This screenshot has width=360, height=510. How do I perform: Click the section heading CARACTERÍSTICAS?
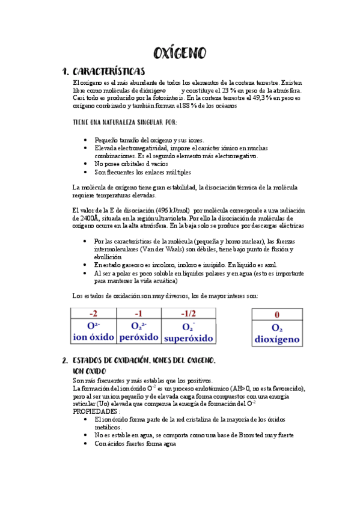[x=108, y=71]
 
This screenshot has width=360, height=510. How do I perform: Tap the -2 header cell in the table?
[x=94, y=313]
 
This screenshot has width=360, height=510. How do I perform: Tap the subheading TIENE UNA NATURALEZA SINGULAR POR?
[x=124, y=122]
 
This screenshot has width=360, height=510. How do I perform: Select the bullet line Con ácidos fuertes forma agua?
[x=135, y=443]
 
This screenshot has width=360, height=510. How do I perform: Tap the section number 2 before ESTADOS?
[x=64, y=361]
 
